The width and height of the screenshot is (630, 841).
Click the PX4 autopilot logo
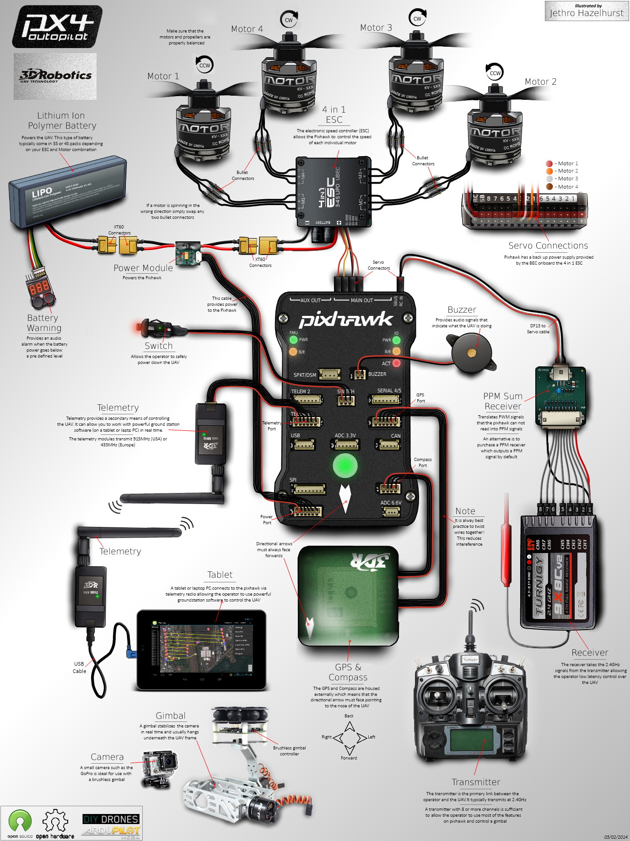click(x=57, y=27)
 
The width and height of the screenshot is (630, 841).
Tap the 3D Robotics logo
click(x=55, y=76)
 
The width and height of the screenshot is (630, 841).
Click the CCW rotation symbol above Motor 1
click(x=205, y=65)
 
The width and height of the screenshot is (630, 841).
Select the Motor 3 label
click(x=376, y=28)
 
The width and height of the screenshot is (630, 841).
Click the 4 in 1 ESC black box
click(x=334, y=191)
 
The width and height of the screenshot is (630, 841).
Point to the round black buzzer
click(x=472, y=353)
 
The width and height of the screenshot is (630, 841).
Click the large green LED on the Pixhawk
click(x=345, y=466)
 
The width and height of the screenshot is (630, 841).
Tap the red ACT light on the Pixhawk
click(x=397, y=363)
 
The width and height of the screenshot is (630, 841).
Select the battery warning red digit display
click(x=39, y=287)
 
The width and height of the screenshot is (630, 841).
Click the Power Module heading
click(x=143, y=268)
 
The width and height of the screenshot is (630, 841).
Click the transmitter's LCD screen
click(x=471, y=740)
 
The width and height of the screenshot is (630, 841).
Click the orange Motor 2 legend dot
click(x=549, y=171)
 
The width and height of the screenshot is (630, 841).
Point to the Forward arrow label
click(x=349, y=758)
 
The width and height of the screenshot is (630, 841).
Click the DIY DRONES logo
click(x=111, y=819)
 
